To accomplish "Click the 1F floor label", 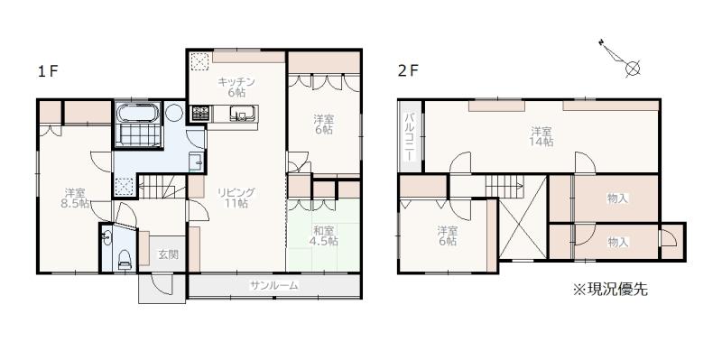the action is (48, 71).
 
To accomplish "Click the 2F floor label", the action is (408, 70).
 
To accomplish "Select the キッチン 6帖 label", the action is (236, 87).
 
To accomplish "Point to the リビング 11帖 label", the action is (236, 198).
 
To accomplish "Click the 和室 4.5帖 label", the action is (324, 235).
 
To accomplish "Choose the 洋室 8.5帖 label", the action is (75, 198).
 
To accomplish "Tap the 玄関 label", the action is (169, 254).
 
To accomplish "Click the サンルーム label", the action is (273, 285).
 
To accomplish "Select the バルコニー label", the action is (410, 135).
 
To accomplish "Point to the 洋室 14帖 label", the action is (541, 136).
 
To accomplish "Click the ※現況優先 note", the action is (610, 289).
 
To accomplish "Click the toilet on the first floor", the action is (125, 259).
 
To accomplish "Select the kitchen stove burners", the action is (200, 113).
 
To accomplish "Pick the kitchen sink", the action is (243, 114).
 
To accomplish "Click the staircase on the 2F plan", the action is (503, 187).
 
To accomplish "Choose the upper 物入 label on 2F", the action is (617, 198).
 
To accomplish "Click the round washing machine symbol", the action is (174, 113).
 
